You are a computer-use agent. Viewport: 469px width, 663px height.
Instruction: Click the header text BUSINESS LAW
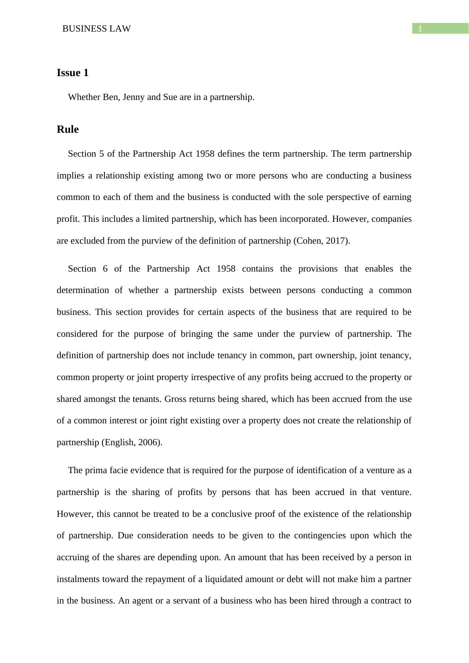pos(96,29)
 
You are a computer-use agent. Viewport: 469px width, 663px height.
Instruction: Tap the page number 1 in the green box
pos(420,29)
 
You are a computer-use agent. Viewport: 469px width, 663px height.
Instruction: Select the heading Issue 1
pos(72,73)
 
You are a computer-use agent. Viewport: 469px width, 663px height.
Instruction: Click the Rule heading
pos(68,130)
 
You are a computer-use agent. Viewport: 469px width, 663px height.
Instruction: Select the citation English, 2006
pos(131,442)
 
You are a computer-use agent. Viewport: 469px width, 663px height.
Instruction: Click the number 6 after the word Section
pos(105,269)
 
